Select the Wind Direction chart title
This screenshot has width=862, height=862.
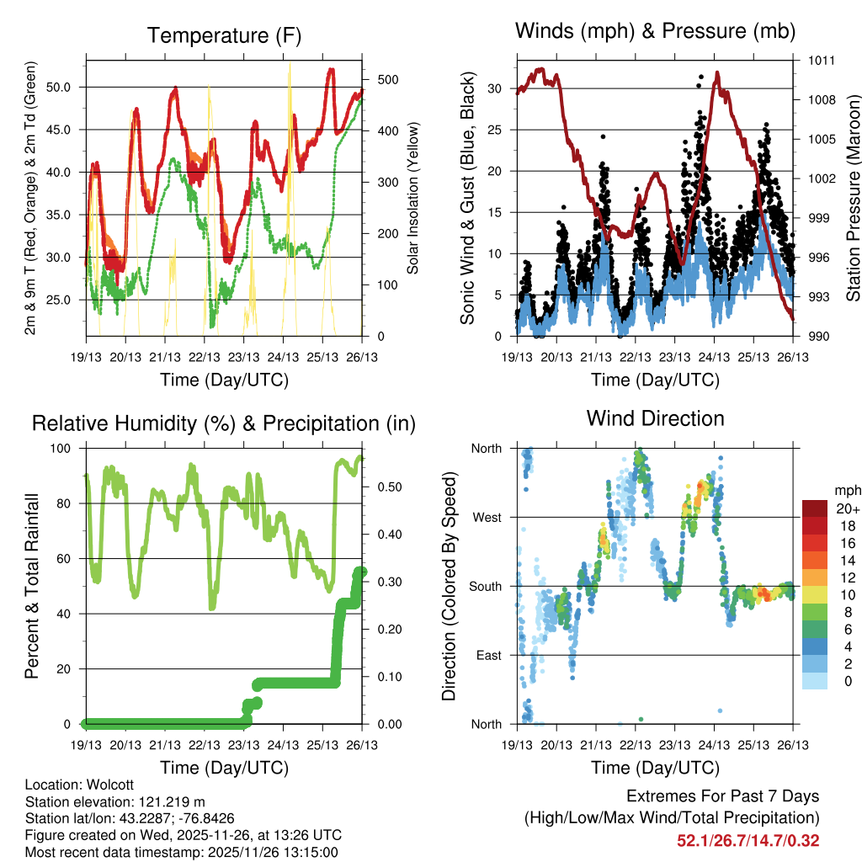tap(655, 418)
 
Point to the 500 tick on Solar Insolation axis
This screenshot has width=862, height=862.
tap(380, 80)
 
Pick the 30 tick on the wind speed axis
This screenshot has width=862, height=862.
tap(495, 88)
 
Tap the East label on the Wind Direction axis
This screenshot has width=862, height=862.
tap(487, 655)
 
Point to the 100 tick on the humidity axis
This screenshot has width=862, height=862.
tap(63, 448)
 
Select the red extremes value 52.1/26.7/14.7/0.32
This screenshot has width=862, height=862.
tap(748, 840)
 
